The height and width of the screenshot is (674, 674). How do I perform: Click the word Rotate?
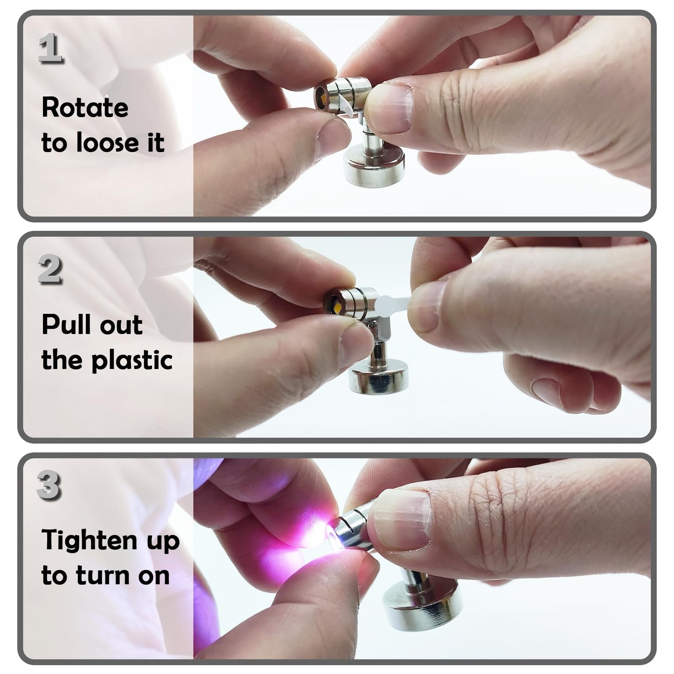pyautogui.click(x=84, y=108)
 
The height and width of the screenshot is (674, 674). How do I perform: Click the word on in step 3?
pyautogui.click(x=153, y=576)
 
